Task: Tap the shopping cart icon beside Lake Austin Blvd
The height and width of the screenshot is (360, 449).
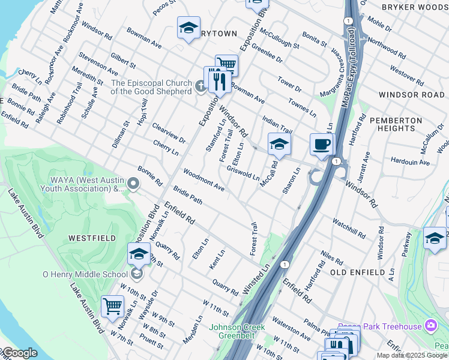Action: (112, 307)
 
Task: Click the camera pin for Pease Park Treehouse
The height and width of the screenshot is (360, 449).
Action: (430, 325)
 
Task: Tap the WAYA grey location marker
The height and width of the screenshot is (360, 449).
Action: (133, 184)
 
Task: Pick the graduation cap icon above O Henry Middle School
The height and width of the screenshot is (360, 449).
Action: (139, 254)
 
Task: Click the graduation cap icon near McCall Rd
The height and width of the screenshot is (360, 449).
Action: (279, 144)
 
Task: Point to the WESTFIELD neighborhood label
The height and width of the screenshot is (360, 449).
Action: (92, 238)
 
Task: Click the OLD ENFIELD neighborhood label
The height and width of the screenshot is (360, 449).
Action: (357, 272)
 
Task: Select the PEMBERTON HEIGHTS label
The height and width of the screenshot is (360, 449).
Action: (392, 124)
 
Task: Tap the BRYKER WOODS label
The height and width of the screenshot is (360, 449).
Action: (414, 7)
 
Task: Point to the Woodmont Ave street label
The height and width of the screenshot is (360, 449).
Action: (203, 180)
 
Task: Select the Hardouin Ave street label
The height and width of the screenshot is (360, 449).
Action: (410, 162)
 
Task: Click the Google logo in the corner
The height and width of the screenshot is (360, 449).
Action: (19, 353)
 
